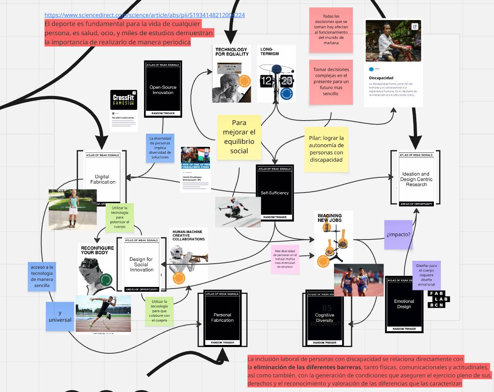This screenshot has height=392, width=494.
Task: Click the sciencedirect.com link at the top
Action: [145, 15]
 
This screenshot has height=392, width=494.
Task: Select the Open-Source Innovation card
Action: [163, 90]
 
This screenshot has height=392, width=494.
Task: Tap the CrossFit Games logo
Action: [124, 100]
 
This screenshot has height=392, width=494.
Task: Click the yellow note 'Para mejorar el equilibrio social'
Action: [239, 137]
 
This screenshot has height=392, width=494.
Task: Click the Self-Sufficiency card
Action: [275, 193]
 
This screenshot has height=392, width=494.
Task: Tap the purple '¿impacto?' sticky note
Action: [398, 235]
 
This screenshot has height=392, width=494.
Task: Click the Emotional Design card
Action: [404, 304]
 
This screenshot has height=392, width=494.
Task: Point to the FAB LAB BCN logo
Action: [438, 299]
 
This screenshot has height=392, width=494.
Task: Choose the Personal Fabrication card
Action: [222, 317]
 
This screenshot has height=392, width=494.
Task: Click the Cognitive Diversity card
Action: [325, 317]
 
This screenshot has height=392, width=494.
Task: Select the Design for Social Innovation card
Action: [141, 264]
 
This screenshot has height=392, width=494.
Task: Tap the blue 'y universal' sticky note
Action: [60, 316]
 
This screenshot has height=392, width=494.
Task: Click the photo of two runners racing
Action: [359, 280]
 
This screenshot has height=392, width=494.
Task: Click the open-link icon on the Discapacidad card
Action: [415, 27]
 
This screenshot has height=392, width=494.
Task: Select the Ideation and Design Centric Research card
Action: [416, 179]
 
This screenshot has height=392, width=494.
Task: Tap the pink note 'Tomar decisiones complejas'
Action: [330, 82]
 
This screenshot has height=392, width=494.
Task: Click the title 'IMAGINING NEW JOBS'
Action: [329, 218]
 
